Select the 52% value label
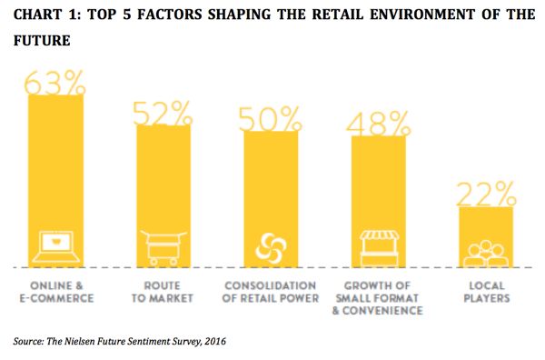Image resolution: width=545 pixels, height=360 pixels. [163, 113]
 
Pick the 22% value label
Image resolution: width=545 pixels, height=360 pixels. [487, 194]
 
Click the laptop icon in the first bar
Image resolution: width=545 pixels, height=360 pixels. [55, 245]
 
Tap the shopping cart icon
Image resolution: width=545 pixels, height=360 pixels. [163, 245]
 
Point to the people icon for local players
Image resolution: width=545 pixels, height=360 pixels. [487, 251]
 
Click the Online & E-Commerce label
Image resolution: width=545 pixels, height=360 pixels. [55, 291]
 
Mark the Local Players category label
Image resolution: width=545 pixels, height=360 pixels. [487, 291]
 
